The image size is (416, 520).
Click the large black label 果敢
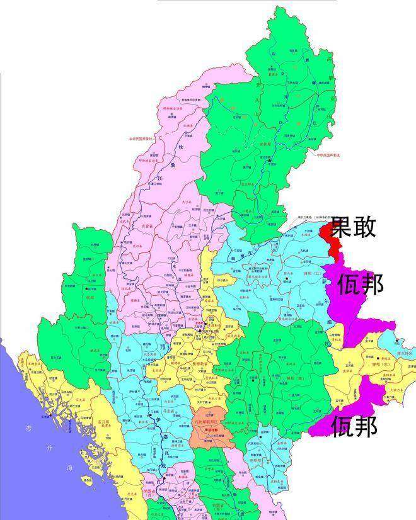click(354, 227)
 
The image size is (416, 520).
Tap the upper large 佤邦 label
click(360, 286)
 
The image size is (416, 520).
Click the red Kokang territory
click(327, 236)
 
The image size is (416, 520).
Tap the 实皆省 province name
click(147, 225)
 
